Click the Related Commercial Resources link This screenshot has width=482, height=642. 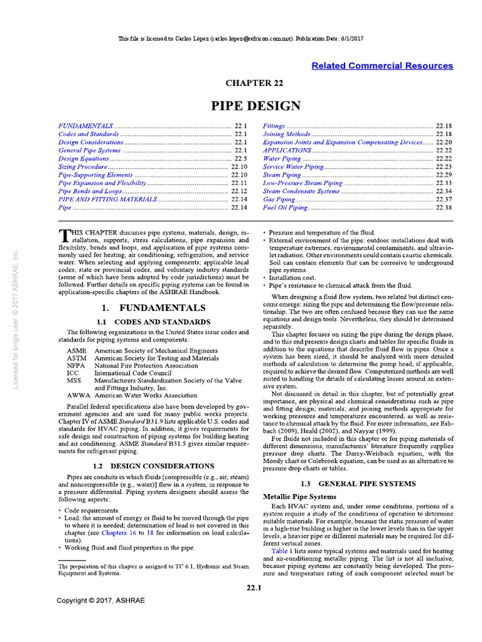click(382, 66)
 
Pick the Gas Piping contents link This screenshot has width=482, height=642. click(280, 199)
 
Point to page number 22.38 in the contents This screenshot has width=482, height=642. click(444, 207)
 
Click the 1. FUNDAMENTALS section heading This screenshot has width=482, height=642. click(153, 308)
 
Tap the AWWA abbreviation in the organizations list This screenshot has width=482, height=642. click(78, 396)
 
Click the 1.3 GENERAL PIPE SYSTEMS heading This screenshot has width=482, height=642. click(357, 483)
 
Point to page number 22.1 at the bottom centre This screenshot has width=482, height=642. click(254, 587)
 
